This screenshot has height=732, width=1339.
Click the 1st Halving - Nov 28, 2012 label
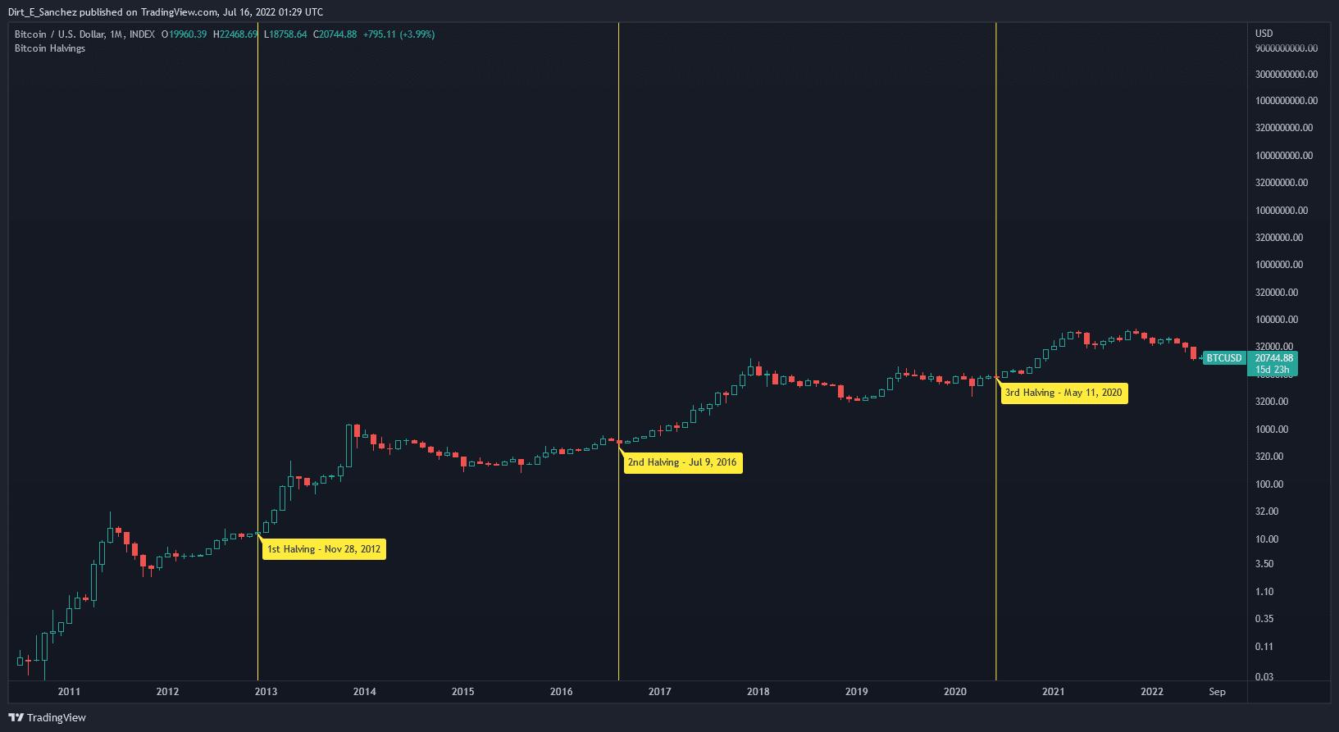pos(324,549)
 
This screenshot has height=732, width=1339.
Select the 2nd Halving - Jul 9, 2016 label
pos(682,462)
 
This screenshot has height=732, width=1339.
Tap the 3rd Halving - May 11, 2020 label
pos(1063,393)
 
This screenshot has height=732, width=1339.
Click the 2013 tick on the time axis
pos(266,692)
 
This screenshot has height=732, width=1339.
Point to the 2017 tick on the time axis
pos(659,692)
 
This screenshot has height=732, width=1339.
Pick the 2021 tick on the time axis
pos(1053,692)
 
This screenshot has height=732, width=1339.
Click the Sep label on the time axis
pos(1217,692)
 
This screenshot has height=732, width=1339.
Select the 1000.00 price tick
pos(1271,430)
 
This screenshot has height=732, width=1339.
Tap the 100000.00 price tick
pos(1276,320)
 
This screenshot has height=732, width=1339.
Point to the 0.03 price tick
pos(1264,677)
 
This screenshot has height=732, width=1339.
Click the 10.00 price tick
pos(1267,539)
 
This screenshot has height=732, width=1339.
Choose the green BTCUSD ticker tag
pos(1224,358)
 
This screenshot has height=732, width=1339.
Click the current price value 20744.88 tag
pos(1273,358)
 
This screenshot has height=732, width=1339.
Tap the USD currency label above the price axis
pos(1264,34)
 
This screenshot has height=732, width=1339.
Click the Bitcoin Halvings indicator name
pos(50,48)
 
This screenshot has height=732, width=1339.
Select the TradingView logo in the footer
pos(48,718)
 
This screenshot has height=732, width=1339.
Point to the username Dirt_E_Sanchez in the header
pos(43,12)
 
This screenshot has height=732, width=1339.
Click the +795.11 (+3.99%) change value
pos(399,34)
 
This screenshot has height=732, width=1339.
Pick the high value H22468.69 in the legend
pos(235,34)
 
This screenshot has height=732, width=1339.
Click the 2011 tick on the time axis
pos(69,692)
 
